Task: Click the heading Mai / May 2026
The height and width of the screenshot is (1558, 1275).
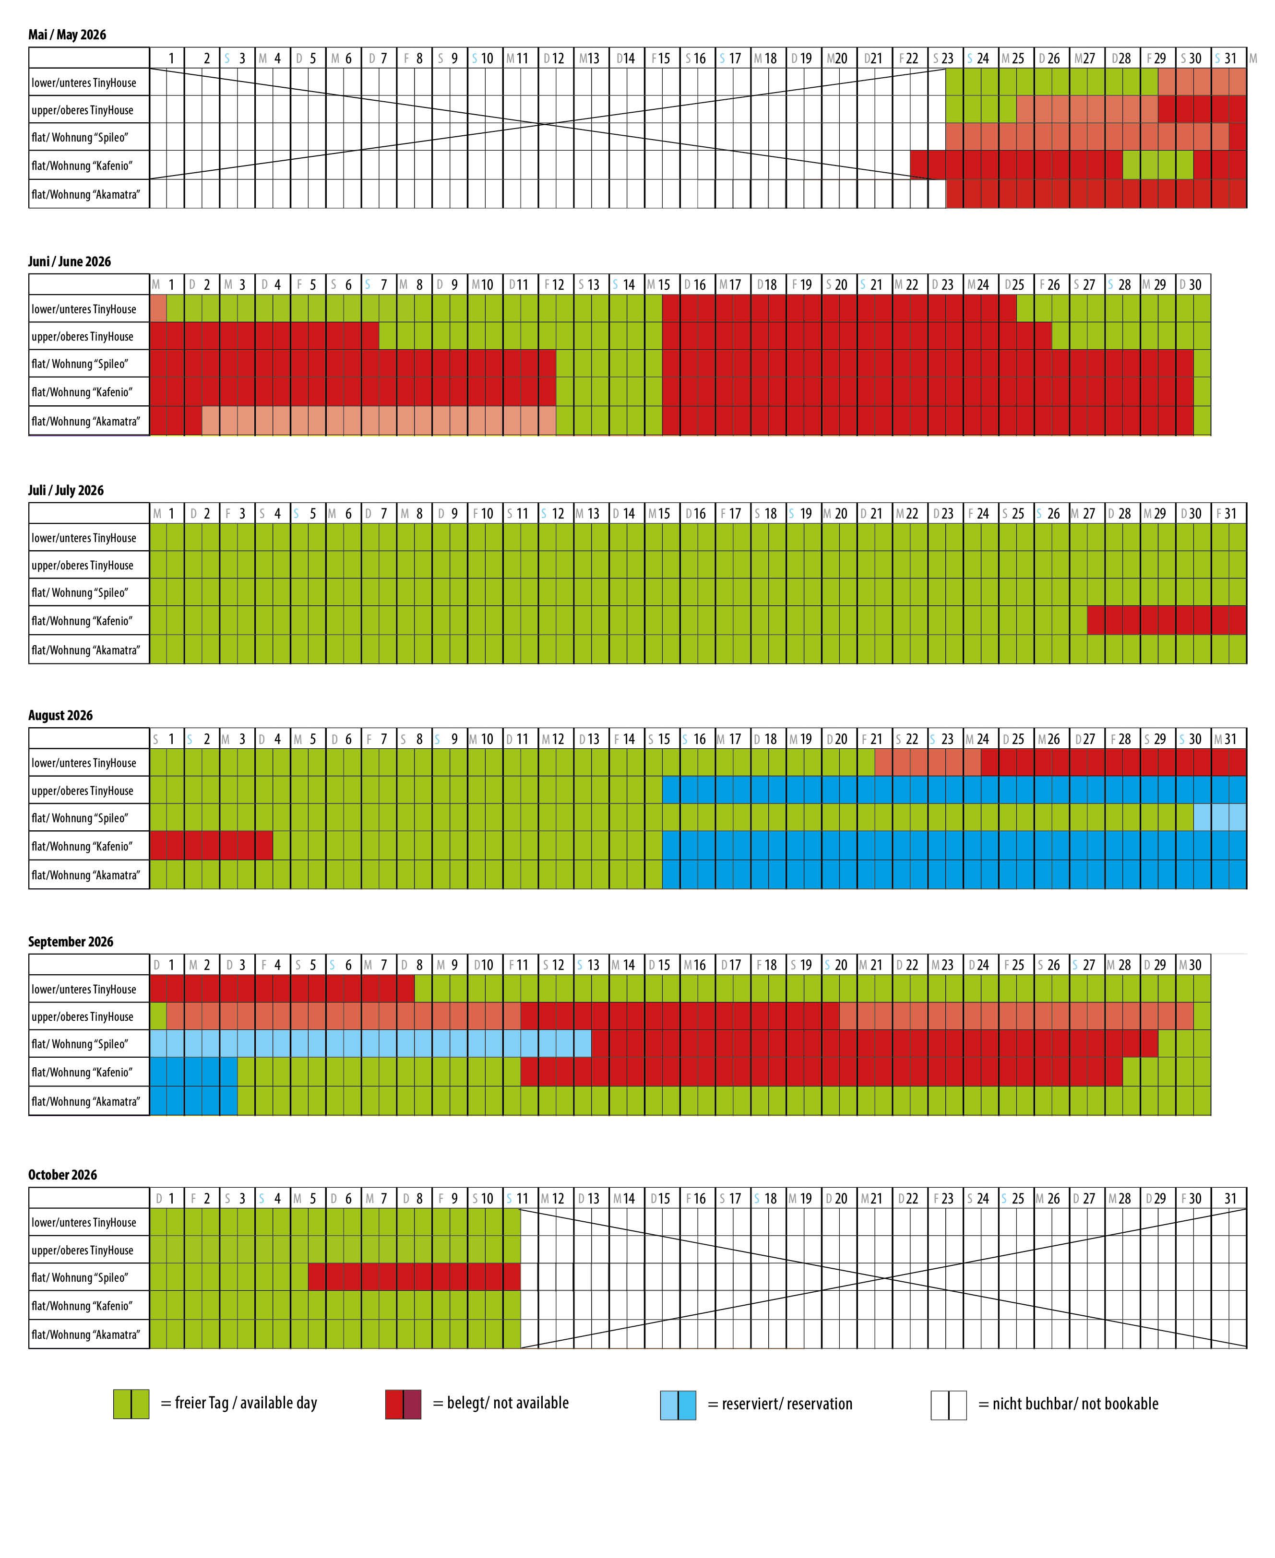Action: coord(67,35)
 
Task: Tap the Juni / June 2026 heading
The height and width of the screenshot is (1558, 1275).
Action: coord(69,261)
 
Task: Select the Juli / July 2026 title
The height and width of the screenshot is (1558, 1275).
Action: coord(65,490)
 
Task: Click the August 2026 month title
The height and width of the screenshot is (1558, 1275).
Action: coord(60,715)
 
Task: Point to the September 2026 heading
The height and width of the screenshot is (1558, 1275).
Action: coord(71,941)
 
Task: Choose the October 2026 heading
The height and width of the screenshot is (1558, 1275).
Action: coord(62,1174)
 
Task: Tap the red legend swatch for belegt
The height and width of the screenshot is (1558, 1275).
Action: coord(403,1404)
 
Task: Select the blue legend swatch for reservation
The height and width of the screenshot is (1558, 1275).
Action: coord(678,1404)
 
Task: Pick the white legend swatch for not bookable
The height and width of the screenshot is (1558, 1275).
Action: coord(948,1404)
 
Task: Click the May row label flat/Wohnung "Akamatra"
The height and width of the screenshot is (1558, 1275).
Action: coord(85,195)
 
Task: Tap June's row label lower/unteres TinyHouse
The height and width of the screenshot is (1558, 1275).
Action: coord(83,309)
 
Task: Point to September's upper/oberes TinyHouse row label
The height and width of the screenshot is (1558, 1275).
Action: coord(82,1017)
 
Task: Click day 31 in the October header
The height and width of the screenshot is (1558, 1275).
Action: coord(1230,1198)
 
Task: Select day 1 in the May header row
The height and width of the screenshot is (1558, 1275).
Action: coord(171,58)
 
